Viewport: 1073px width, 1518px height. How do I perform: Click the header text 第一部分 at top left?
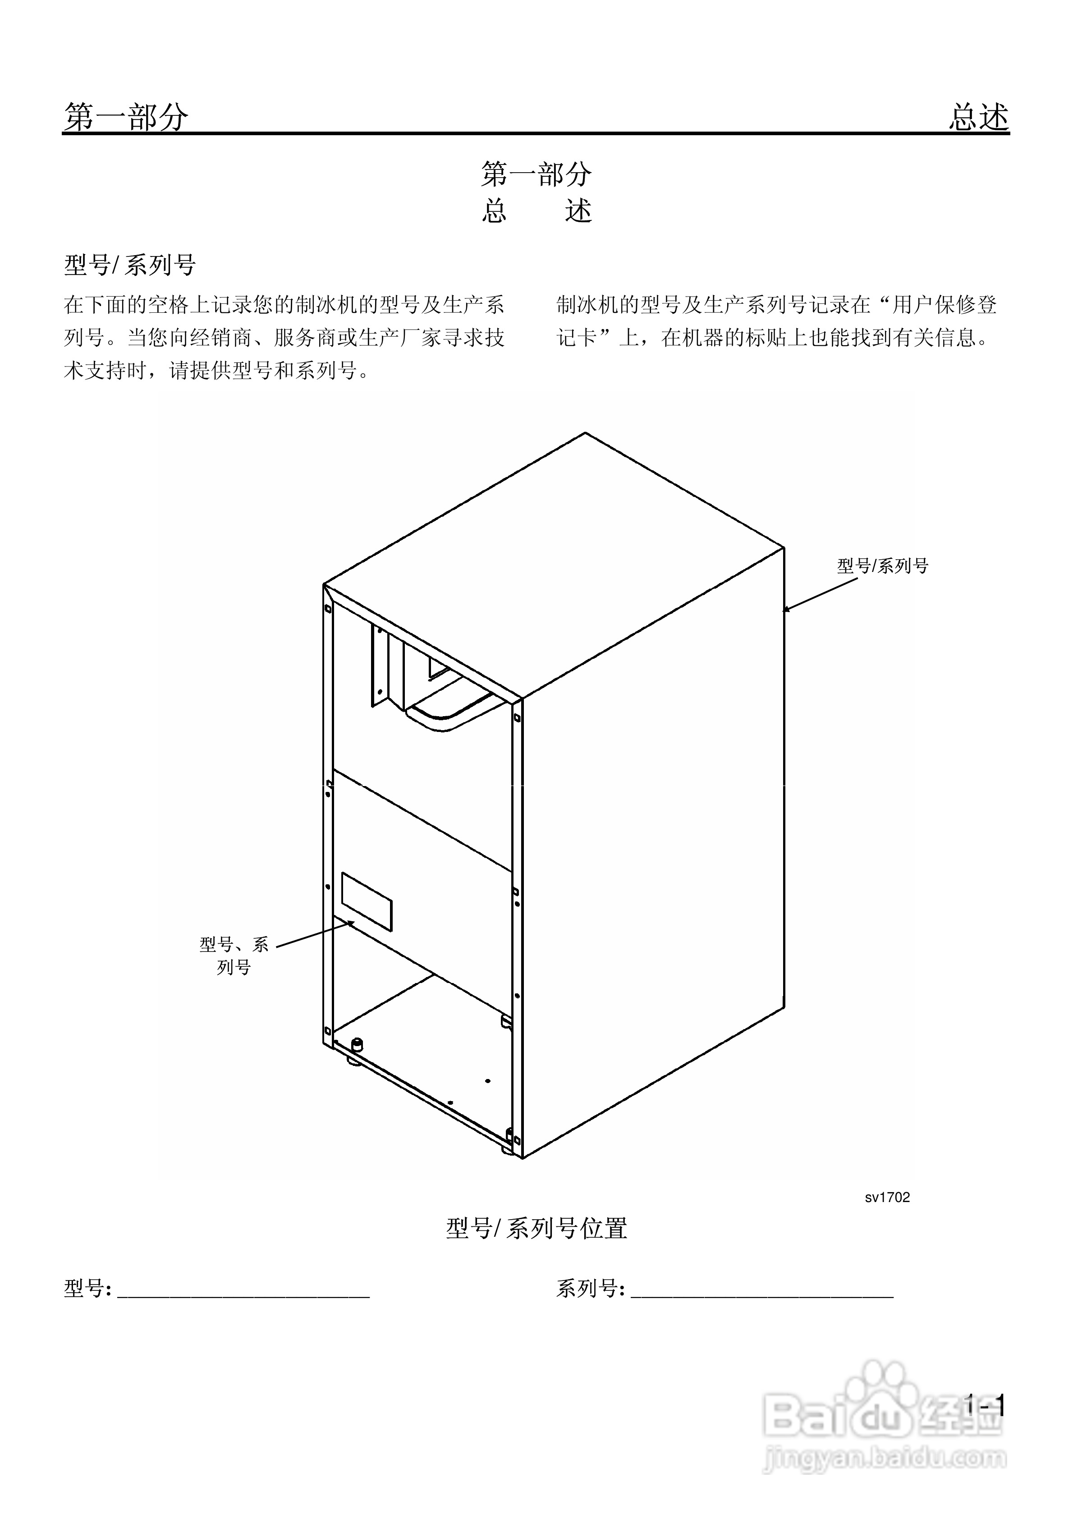click(x=126, y=118)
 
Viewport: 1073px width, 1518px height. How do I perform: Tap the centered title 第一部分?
click(x=536, y=174)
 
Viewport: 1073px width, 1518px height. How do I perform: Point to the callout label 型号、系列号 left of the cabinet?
click(x=234, y=956)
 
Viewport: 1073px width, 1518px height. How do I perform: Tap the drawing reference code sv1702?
click(x=887, y=1198)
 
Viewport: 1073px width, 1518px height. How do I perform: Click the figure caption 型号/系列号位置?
click(x=536, y=1228)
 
